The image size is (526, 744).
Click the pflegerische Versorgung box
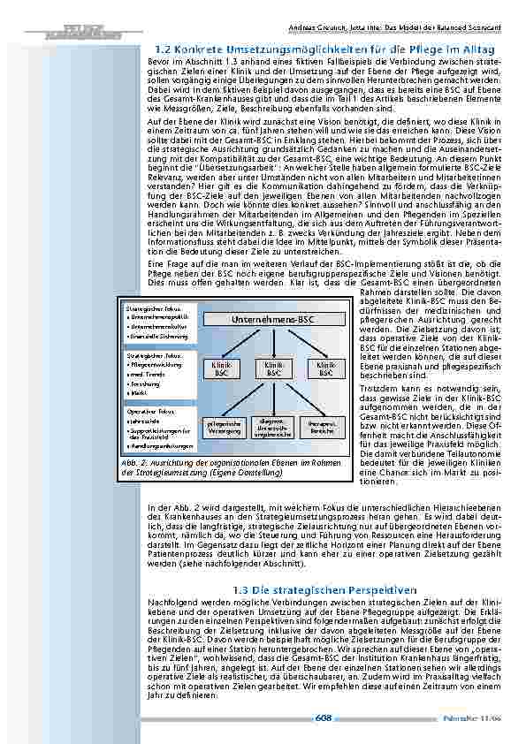pyautogui.click(x=220, y=428)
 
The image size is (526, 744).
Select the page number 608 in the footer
pyautogui.click(x=324, y=718)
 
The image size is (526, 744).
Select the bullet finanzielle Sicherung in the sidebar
pyautogui.click(x=159, y=338)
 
